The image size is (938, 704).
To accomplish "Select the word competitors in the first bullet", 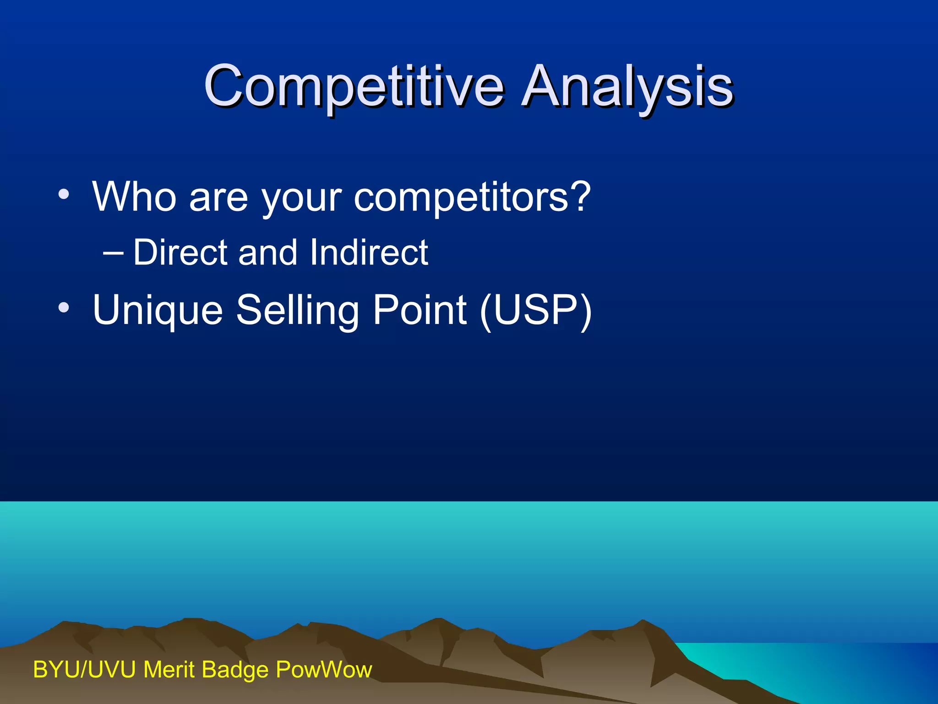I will click(460, 197).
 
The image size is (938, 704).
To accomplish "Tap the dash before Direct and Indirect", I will click(113, 253).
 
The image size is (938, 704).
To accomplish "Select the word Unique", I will click(158, 310).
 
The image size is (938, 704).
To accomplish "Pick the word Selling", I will click(297, 310).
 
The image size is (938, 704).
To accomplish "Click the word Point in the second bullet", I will click(420, 310).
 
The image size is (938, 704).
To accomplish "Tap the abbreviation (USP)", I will click(536, 310).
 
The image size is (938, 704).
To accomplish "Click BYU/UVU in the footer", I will click(84, 670).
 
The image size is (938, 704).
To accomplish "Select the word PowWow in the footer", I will click(324, 670).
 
